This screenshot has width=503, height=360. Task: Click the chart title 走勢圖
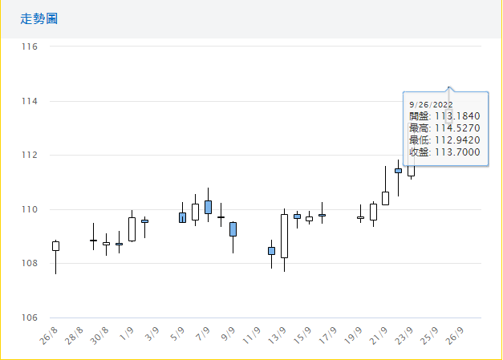pos(39,18)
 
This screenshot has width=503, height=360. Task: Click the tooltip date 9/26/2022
pos(431,104)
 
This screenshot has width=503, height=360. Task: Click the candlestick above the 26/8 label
pos(55,245)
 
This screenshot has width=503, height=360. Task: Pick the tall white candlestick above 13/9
pos(284,236)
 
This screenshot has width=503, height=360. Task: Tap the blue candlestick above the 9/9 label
pos(233,229)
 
